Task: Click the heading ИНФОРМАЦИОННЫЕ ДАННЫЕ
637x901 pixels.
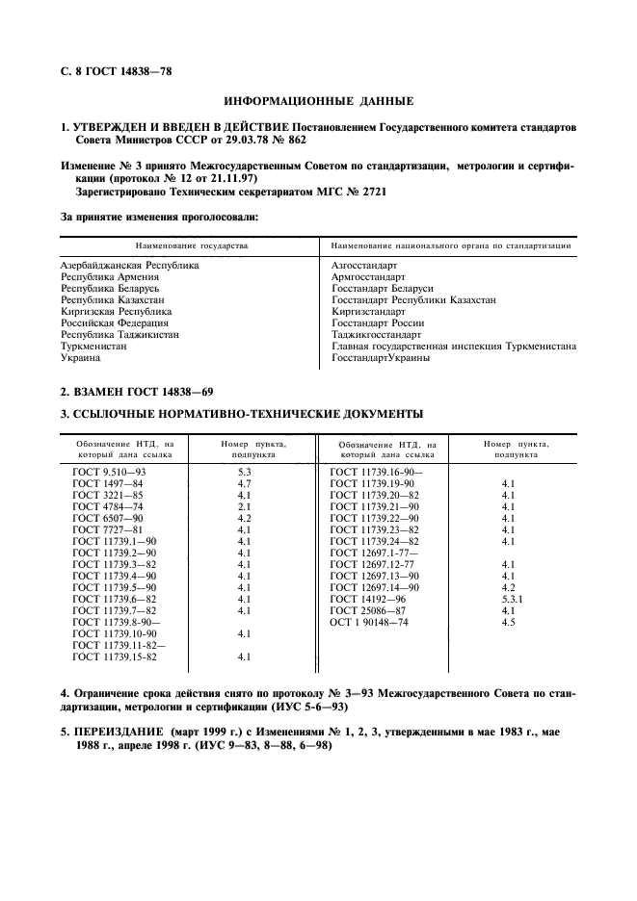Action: click(318, 101)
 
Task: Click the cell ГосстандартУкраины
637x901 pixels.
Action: click(381, 358)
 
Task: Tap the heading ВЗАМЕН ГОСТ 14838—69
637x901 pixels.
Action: click(138, 392)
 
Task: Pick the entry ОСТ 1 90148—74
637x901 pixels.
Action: click(369, 623)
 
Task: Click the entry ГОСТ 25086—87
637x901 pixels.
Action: click(367, 611)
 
